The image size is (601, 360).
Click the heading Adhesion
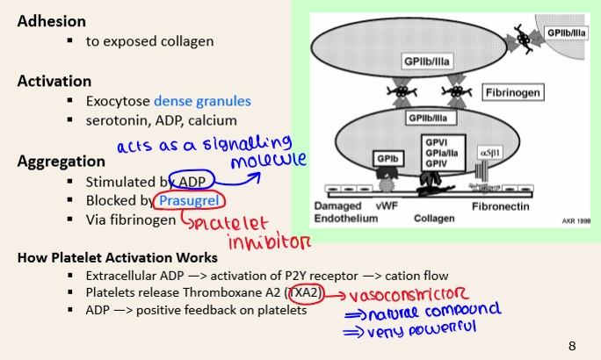pos(52,20)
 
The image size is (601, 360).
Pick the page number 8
pos(572,345)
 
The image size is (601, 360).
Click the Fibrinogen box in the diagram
pos(512,91)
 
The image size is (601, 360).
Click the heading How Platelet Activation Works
pos(117,258)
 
